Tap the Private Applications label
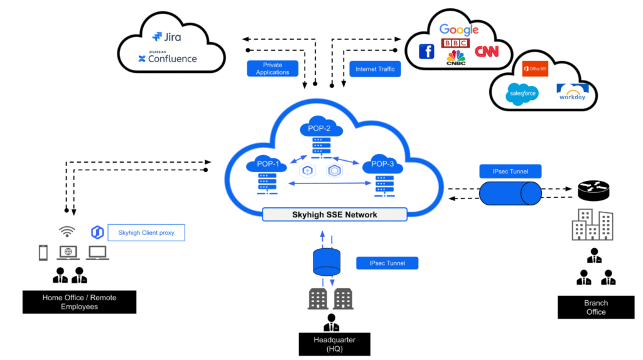(x=273, y=68)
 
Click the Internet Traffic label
(x=375, y=68)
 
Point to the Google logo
(x=459, y=30)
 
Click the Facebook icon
(x=426, y=52)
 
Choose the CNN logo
(x=487, y=52)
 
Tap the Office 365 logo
(x=535, y=68)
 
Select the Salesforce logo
(x=522, y=94)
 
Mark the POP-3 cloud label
(x=381, y=164)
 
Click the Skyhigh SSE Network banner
(x=334, y=214)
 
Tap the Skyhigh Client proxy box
(x=146, y=233)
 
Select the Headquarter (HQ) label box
(x=334, y=344)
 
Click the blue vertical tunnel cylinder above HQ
(x=327, y=261)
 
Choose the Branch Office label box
(x=596, y=307)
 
